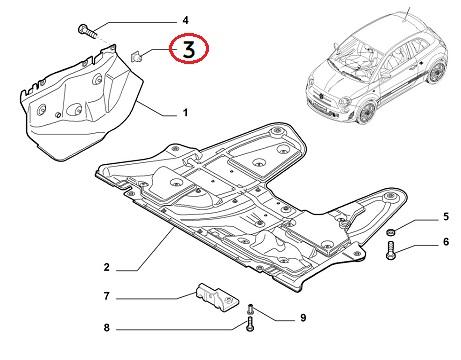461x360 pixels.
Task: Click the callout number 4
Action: [x=185, y=20]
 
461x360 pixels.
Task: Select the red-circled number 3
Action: [x=189, y=49]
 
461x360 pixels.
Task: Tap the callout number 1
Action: [x=185, y=113]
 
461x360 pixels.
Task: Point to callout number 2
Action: [x=107, y=267]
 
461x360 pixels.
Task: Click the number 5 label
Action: [x=446, y=217]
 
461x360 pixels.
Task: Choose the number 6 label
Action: [x=446, y=241]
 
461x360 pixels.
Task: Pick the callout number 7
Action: [x=107, y=296]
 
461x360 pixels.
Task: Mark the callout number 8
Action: [x=107, y=327]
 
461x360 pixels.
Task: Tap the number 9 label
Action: [x=303, y=317]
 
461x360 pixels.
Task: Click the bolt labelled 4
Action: [x=88, y=31]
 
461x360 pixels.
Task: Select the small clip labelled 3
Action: [x=137, y=57]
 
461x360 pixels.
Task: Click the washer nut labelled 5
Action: [x=391, y=232]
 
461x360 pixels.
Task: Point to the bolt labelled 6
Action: [x=391, y=251]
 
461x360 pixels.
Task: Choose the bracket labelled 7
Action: [x=217, y=297]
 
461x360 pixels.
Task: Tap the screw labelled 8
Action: [x=250, y=325]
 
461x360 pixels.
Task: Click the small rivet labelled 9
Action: [x=251, y=309]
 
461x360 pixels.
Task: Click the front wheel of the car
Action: [x=367, y=112]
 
